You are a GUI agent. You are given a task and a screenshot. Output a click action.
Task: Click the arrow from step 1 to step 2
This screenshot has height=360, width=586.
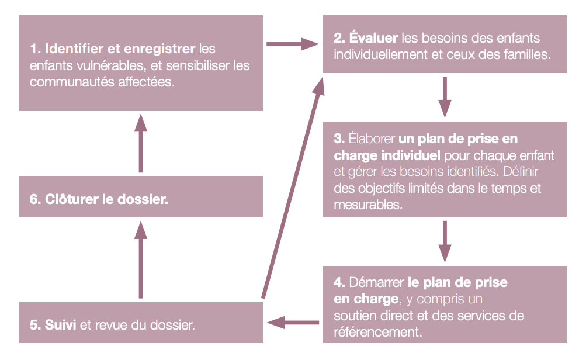tap(292, 44)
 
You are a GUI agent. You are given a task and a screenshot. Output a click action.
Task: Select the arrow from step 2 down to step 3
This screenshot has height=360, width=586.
tap(445, 97)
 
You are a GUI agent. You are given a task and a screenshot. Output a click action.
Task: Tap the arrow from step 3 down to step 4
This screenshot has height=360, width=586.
tap(445, 241)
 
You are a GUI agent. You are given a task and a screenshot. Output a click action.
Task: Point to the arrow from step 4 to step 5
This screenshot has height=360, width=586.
tap(293, 322)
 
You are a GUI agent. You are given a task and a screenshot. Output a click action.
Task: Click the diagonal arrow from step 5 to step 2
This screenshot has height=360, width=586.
tap(292, 188)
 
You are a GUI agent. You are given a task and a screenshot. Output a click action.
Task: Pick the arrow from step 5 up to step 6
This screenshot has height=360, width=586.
tap(141, 260)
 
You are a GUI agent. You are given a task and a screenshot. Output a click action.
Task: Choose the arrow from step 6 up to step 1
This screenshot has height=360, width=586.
tap(141, 143)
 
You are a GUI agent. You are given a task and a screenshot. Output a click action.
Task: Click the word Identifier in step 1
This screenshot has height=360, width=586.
tap(74, 49)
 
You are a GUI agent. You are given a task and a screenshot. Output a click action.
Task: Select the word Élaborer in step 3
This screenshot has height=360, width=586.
tap(372, 139)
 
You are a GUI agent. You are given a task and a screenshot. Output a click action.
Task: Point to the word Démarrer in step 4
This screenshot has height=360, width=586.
tap(376, 282)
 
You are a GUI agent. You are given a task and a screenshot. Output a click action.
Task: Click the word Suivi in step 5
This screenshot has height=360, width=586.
tap(61, 324)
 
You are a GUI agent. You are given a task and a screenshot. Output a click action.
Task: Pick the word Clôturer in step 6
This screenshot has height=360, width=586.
tap(72, 199)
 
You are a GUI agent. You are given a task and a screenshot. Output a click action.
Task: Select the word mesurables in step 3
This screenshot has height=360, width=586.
tap(368, 205)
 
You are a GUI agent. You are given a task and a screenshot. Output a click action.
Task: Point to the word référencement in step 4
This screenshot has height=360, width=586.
tap(378, 332)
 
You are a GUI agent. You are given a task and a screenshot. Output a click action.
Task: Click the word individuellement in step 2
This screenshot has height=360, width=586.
tap(380, 54)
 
